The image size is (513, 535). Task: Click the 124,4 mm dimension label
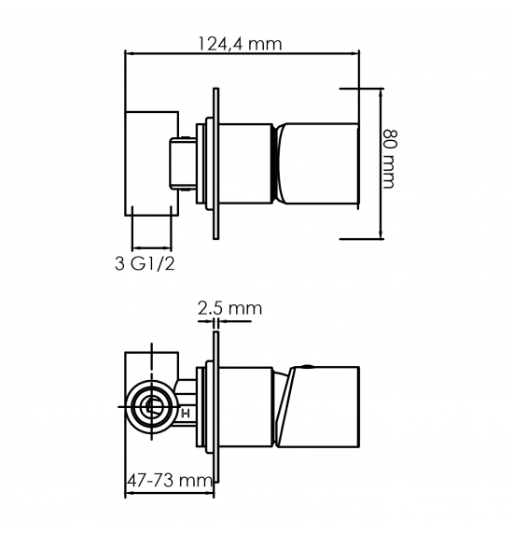(x=241, y=44)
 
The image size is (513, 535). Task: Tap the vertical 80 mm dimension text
(x=389, y=159)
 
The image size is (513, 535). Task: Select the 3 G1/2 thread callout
(x=145, y=263)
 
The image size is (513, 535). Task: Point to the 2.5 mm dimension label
(x=229, y=308)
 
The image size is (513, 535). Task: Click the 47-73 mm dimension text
(x=170, y=481)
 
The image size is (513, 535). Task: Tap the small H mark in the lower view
(x=186, y=415)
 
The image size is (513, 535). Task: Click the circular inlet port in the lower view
(x=152, y=406)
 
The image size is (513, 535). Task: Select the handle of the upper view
(x=317, y=163)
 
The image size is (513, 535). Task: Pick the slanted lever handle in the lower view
(x=317, y=407)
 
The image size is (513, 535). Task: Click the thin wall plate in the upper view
(x=215, y=163)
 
